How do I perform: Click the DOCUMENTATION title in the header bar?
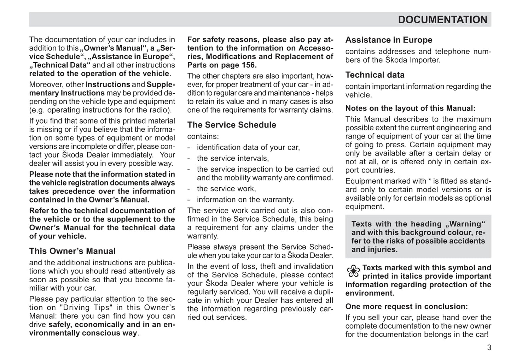coord(442,20)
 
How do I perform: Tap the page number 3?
coord(489,348)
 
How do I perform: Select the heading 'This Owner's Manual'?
coord(72,251)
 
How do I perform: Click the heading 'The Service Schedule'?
coord(232,125)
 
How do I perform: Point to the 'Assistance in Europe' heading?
coord(389,40)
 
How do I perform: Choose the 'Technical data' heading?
coord(375,75)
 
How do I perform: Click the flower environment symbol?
coord(353,271)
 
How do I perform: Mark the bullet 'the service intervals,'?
coord(233,159)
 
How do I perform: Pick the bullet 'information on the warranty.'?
coord(245,200)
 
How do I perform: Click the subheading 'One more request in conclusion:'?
coord(406,307)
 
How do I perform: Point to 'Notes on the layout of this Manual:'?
coord(410,108)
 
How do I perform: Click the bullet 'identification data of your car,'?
coord(248,148)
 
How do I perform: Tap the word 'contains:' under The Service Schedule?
coord(203,136)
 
